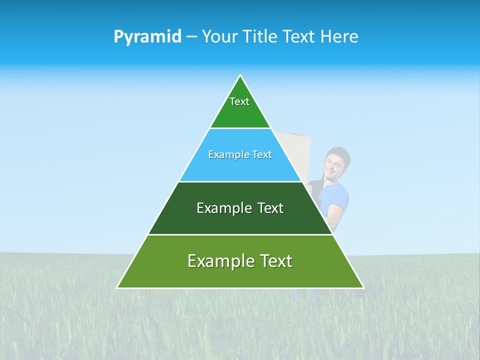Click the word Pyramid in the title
click(147, 36)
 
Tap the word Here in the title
click(339, 36)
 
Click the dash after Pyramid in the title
click(191, 37)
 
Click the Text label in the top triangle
click(239, 101)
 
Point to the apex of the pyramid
click(240, 76)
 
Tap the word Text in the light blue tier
click(261, 154)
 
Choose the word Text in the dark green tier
click(270, 208)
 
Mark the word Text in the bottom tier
click(275, 261)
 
